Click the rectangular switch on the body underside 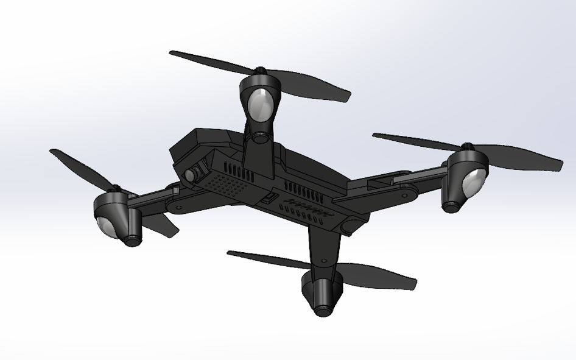point(269,197)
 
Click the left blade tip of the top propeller point(172,54)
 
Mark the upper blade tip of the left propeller point(53,152)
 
